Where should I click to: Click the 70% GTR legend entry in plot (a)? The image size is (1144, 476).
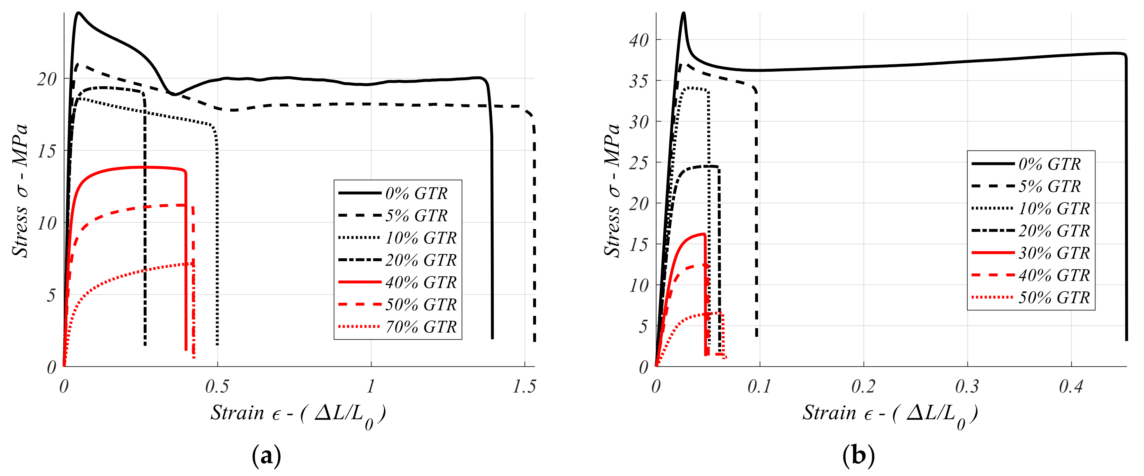(x=421, y=327)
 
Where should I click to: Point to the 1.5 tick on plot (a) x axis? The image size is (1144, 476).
(x=524, y=387)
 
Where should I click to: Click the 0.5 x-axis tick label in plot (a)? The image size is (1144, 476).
(x=217, y=387)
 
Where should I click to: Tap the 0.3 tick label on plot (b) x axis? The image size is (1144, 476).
(x=967, y=387)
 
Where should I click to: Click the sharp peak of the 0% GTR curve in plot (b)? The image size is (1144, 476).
(x=684, y=13)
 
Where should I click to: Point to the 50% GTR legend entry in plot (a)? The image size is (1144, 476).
(x=421, y=305)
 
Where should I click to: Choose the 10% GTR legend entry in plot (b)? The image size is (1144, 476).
(x=1054, y=209)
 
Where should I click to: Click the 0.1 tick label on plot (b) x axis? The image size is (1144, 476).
(x=759, y=387)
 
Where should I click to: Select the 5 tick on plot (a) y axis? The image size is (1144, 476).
(x=51, y=296)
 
